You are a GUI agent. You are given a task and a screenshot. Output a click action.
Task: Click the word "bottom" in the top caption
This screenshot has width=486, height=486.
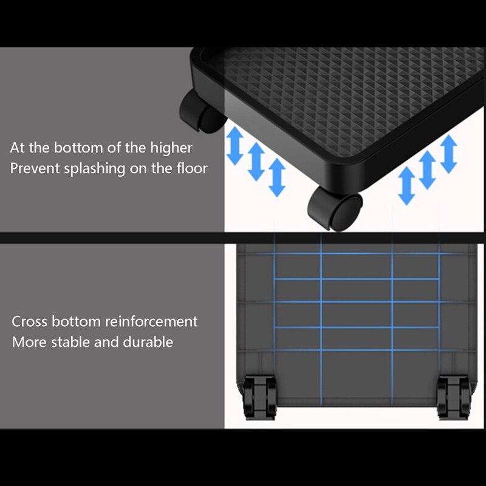coord(78,148)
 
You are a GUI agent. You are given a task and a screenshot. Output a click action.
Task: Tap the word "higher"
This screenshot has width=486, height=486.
coord(171,148)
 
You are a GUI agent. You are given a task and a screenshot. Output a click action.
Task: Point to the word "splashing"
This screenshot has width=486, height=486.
coord(95,169)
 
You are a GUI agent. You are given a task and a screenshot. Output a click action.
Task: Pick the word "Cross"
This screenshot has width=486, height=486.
coord(29,321)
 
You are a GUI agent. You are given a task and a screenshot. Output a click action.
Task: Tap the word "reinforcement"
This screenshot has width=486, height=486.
coord(151,321)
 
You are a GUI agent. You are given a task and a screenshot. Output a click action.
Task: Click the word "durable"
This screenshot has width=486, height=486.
coord(148,342)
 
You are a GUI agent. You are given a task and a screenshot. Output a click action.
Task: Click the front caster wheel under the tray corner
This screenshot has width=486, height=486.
coord(335,208)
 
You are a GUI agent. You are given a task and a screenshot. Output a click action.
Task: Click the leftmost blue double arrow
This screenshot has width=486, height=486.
coord(234,145)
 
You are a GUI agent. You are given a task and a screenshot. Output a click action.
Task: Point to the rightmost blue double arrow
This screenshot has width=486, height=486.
coord(448,154)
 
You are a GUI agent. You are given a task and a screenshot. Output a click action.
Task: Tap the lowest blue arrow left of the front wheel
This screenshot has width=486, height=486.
coord(277,177)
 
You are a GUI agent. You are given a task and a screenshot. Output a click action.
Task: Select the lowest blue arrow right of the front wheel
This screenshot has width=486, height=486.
coord(406,185)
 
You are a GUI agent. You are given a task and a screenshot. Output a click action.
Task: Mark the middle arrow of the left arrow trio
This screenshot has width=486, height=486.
coord(256,162)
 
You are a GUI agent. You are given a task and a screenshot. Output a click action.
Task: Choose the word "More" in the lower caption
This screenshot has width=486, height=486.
coord(29,342)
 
